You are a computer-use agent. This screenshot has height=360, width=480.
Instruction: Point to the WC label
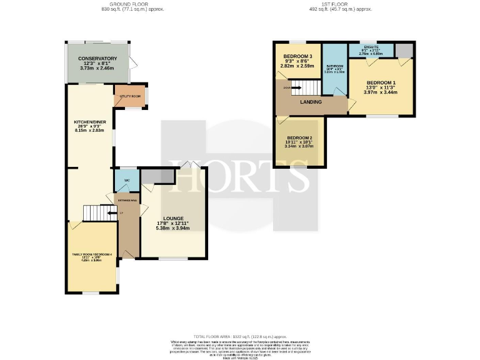tap(126, 181)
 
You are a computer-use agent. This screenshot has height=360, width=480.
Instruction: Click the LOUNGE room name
tap(173, 218)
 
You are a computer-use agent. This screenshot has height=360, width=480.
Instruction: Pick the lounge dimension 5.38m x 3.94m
tap(173, 229)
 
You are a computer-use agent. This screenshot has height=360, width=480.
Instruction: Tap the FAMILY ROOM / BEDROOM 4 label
tap(92, 254)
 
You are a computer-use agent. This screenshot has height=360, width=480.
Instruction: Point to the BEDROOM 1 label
tap(381, 83)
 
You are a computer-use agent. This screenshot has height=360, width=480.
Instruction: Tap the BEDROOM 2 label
tap(299, 137)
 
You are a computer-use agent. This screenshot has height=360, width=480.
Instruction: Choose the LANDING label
tap(311, 102)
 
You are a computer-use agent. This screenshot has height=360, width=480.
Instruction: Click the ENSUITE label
tap(371, 46)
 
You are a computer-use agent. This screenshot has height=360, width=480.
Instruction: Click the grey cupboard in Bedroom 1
tap(404, 50)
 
